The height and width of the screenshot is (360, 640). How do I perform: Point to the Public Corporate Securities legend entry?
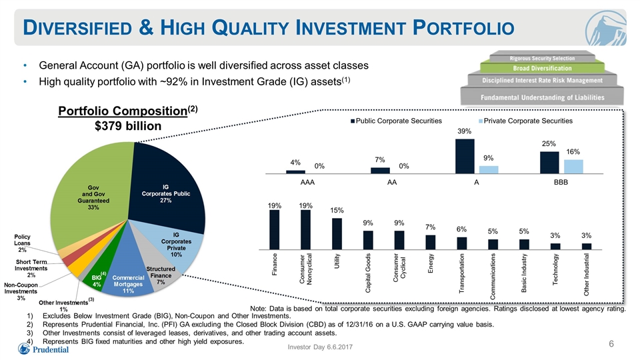[396, 121]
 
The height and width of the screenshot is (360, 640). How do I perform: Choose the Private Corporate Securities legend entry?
[525, 121]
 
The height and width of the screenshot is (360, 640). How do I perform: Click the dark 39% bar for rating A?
[465, 156]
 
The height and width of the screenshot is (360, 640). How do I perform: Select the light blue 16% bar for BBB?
[573, 167]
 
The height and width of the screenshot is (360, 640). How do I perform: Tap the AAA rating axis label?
[307, 183]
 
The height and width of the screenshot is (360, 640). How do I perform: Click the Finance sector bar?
[275, 230]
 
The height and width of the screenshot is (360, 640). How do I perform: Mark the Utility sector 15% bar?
[337, 234]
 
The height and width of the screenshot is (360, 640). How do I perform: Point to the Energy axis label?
[431, 263]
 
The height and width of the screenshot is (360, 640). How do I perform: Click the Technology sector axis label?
[555, 269]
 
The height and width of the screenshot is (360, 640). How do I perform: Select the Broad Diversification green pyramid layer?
[542, 68]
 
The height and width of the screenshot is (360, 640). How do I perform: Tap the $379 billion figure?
[128, 126]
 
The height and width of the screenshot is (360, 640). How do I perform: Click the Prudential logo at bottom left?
[43, 349]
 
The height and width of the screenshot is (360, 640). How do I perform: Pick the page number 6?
[611, 344]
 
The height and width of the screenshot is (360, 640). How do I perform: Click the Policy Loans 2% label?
[22, 243]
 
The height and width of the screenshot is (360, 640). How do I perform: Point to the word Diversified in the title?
[77, 28]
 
